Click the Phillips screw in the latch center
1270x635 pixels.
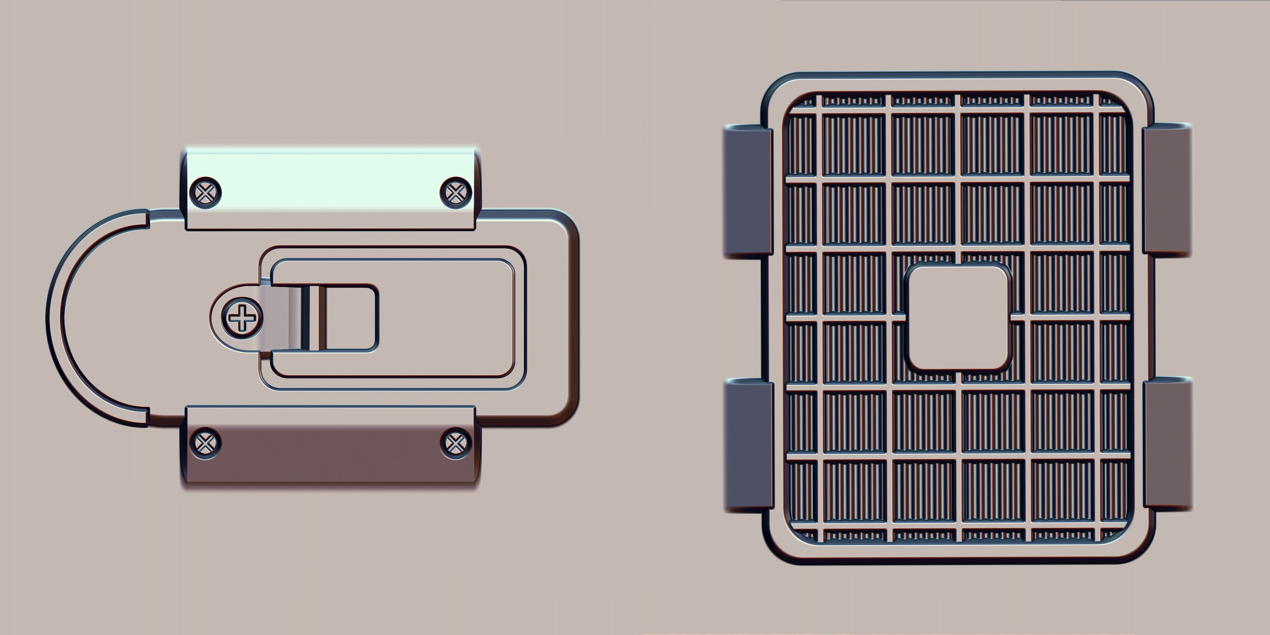(242, 318)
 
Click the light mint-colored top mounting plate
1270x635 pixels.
(330, 183)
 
